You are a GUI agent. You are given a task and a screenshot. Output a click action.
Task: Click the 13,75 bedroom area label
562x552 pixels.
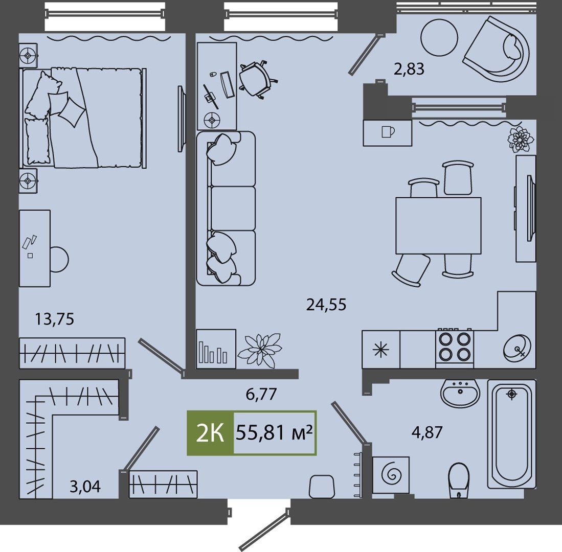click(55, 318)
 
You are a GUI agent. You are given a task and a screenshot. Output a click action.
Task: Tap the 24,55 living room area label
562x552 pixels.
click(326, 305)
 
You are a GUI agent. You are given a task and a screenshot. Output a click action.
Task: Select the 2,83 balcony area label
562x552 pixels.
click(409, 69)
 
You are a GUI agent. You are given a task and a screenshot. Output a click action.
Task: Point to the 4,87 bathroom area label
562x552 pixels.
click(427, 432)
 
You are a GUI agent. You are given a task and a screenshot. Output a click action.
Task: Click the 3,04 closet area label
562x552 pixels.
click(85, 487)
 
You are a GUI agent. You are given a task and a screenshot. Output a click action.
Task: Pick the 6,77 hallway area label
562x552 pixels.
click(261, 394)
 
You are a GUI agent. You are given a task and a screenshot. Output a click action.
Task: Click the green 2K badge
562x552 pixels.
click(210, 433)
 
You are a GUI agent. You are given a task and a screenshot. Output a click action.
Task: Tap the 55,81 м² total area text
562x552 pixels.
click(274, 433)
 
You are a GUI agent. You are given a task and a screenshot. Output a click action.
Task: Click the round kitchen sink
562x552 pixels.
click(517, 348)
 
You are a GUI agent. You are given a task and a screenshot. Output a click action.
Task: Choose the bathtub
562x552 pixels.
click(511, 434)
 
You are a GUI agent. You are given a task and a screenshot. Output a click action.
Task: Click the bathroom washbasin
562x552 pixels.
click(460, 393)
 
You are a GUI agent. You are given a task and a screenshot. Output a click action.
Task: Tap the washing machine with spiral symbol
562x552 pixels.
click(391, 475)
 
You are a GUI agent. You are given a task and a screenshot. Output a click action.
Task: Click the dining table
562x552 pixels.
click(438, 226)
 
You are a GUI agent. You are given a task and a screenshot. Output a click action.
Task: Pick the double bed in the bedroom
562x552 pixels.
click(83, 118)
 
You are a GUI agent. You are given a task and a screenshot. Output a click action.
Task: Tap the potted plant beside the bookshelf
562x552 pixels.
click(260, 350)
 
